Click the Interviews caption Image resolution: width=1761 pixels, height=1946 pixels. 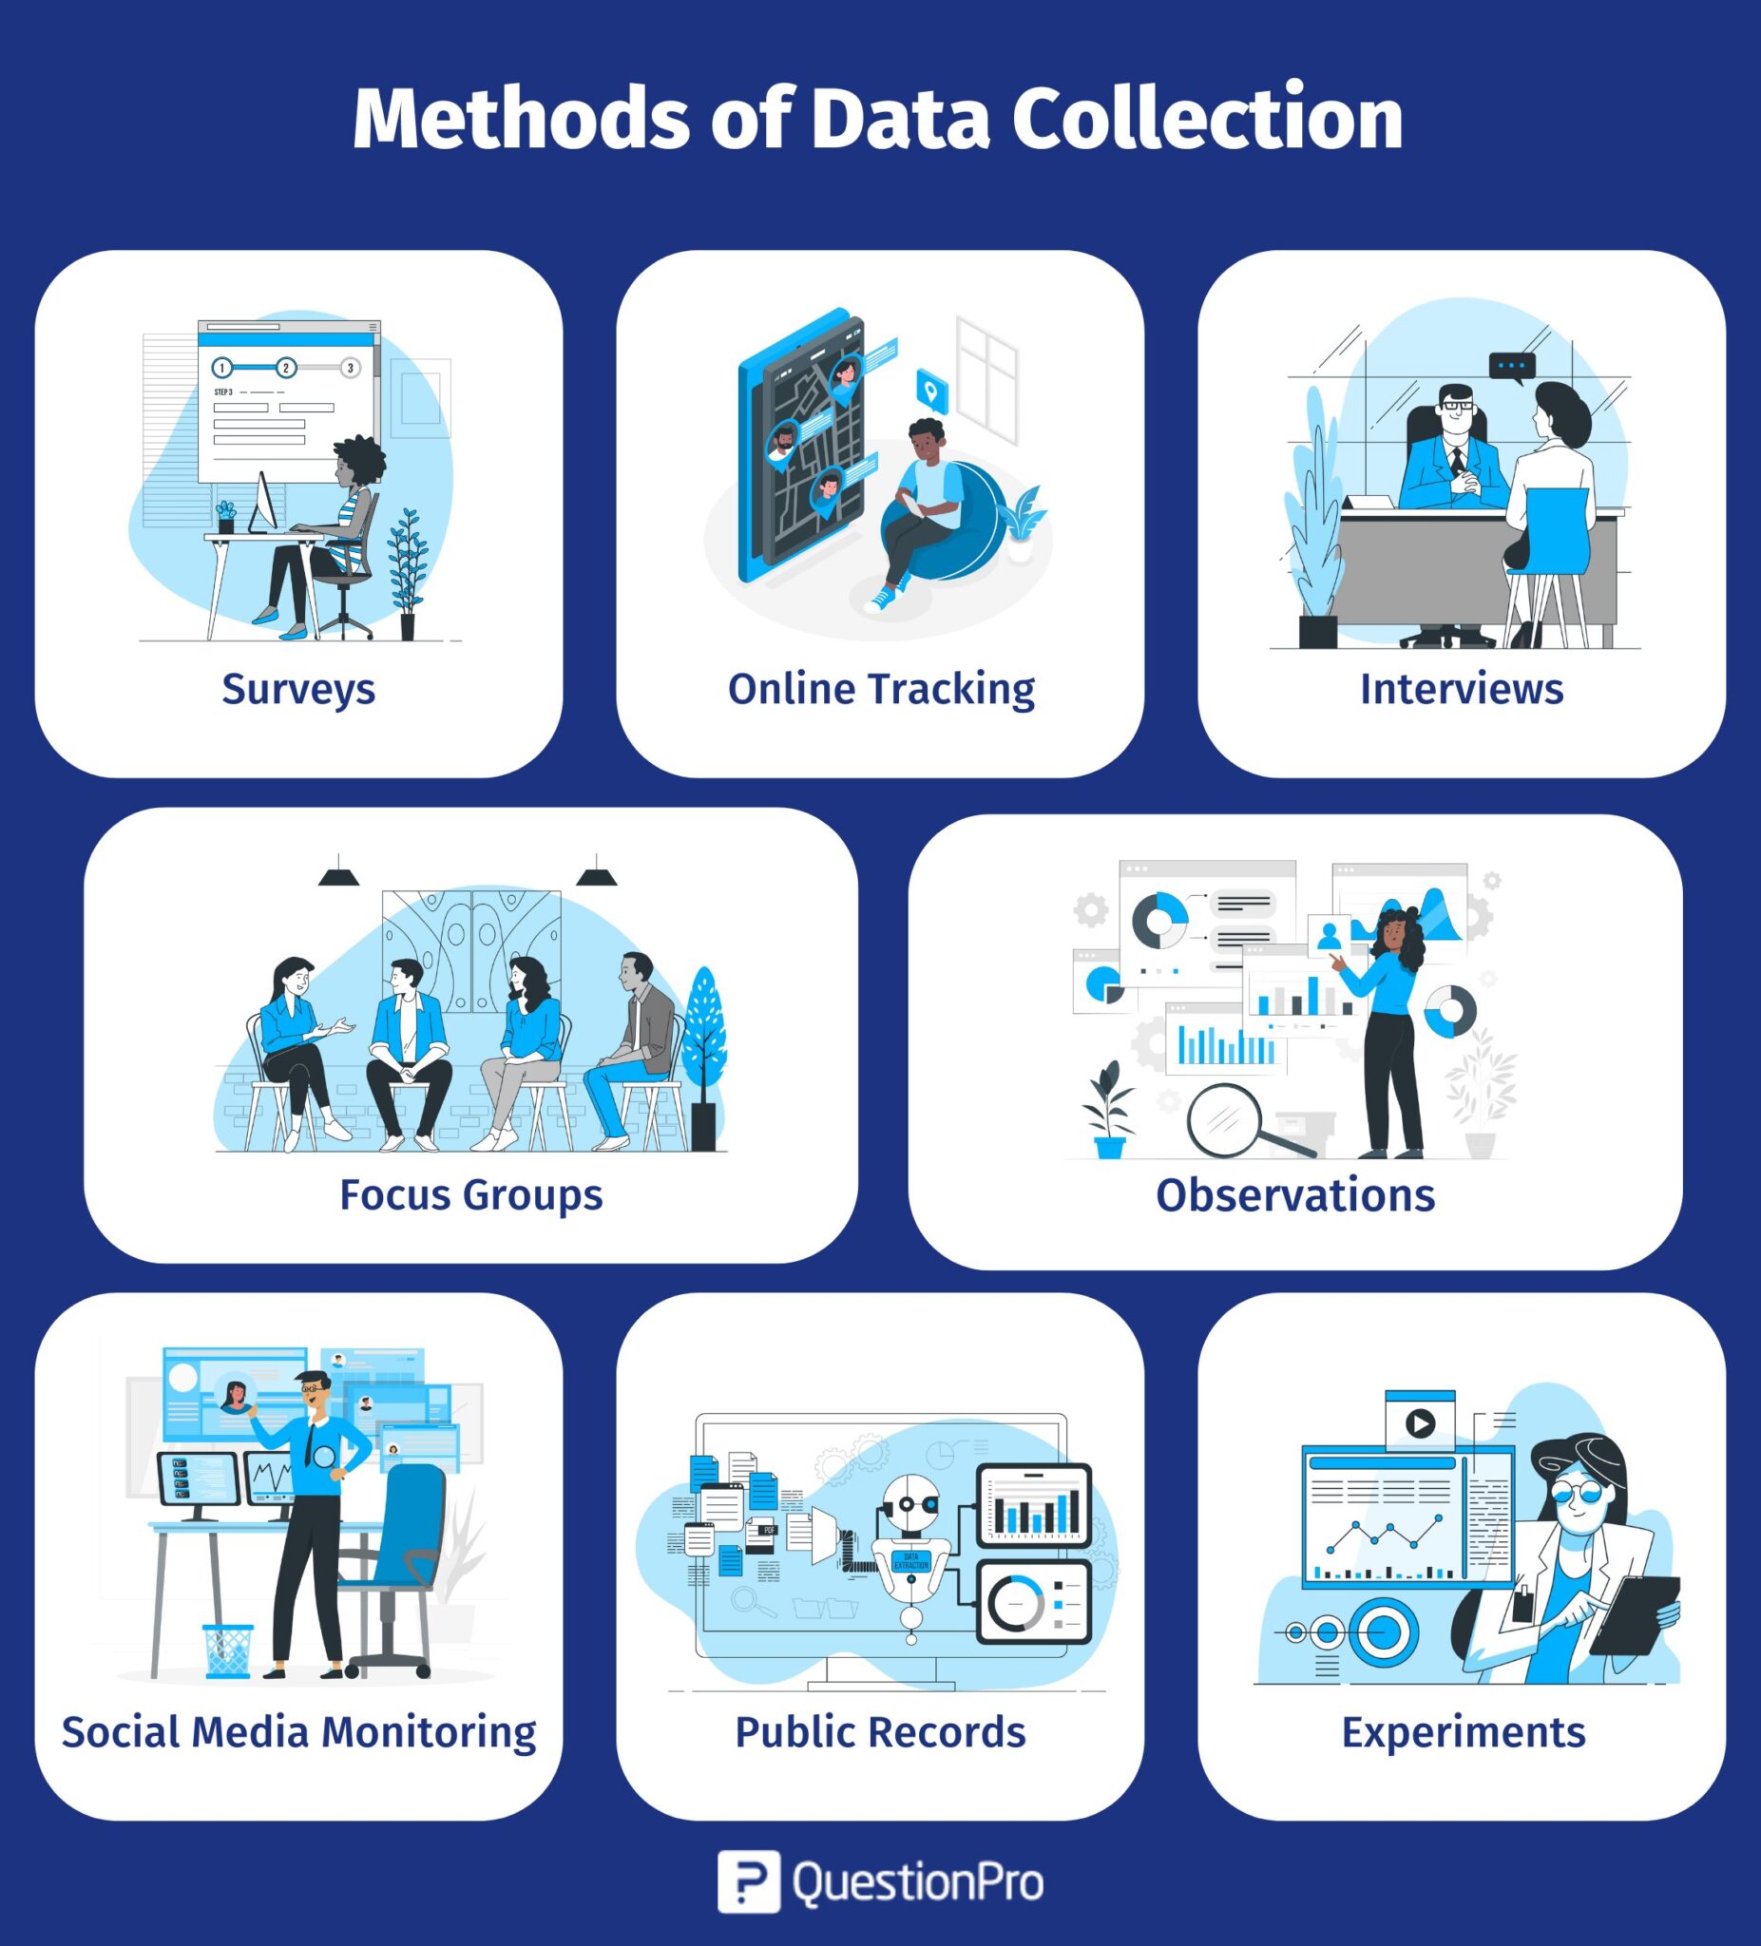(1462, 689)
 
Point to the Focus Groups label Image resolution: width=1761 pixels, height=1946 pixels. (471, 1196)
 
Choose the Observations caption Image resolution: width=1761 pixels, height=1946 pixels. (1295, 1195)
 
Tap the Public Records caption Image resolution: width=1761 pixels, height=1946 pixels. (880, 1731)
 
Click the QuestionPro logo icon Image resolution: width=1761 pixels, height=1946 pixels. (748, 1881)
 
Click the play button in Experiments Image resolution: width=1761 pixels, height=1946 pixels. (1419, 1422)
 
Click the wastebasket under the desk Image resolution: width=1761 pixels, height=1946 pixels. (228, 1650)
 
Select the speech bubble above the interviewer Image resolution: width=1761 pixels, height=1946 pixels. (1512, 368)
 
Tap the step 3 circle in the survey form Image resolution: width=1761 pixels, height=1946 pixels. (351, 368)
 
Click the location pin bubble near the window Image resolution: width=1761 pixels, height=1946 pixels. (930, 391)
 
